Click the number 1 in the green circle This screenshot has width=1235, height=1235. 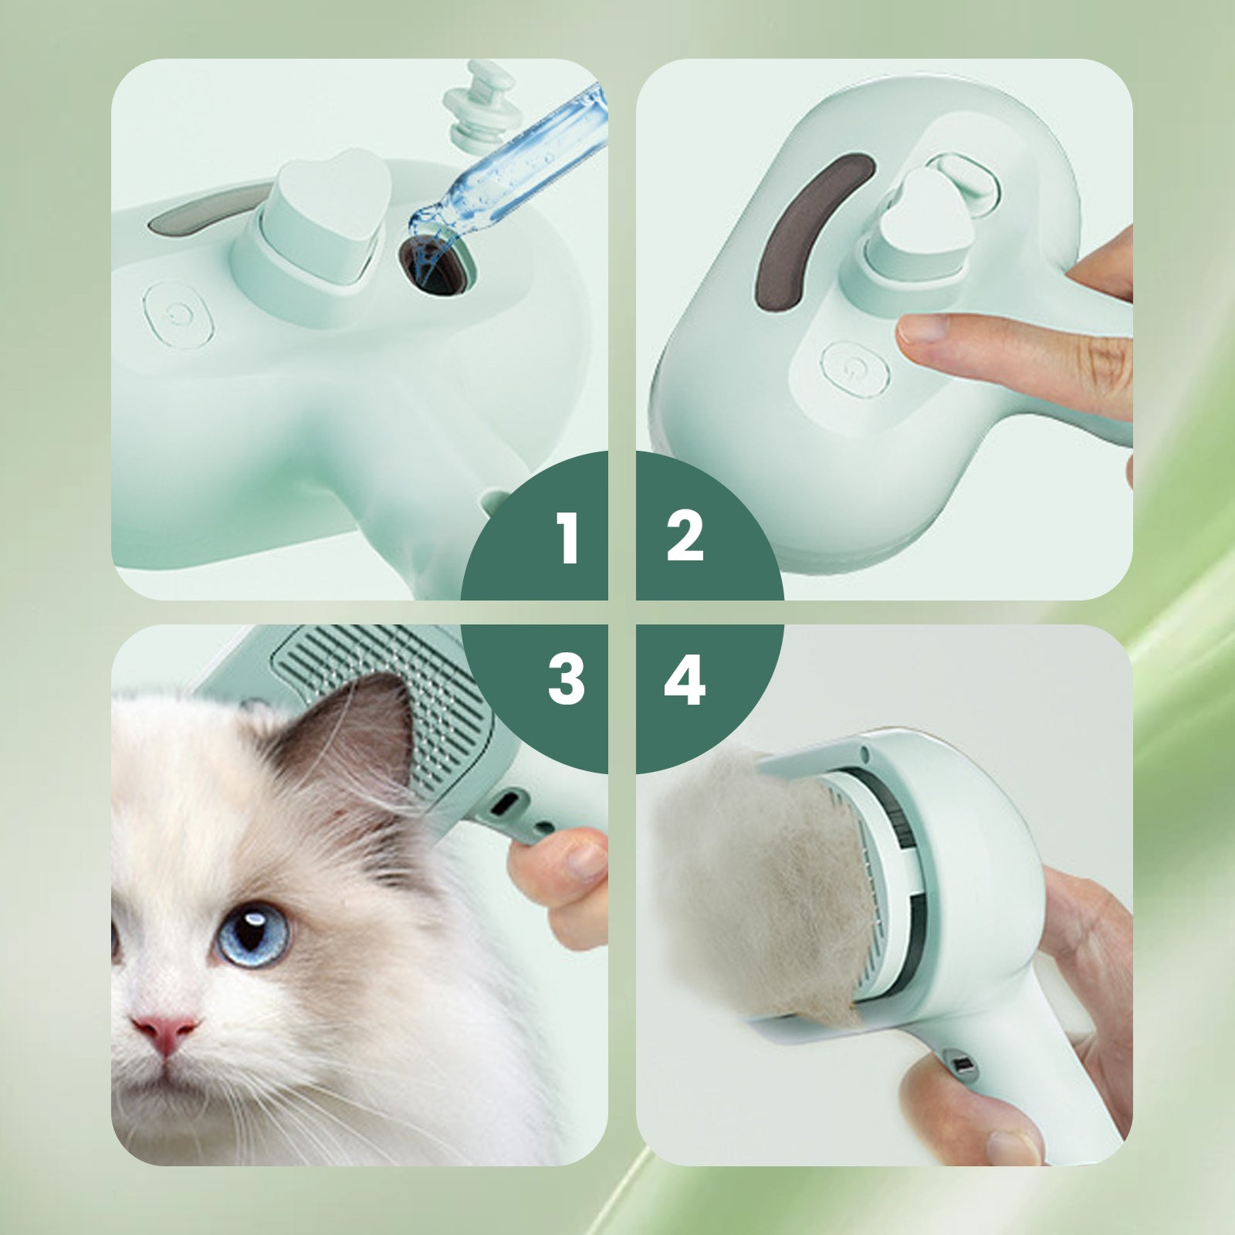pos(568,538)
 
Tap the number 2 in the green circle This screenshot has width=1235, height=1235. pos(685,536)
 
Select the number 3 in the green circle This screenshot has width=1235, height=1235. pos(567,679)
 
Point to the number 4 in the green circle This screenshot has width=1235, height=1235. pos(685,680)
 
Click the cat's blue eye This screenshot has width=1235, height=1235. pos(253,934)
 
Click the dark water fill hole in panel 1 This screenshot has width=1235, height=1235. pos(433,265)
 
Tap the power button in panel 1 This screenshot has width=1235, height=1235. pos(178,314)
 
